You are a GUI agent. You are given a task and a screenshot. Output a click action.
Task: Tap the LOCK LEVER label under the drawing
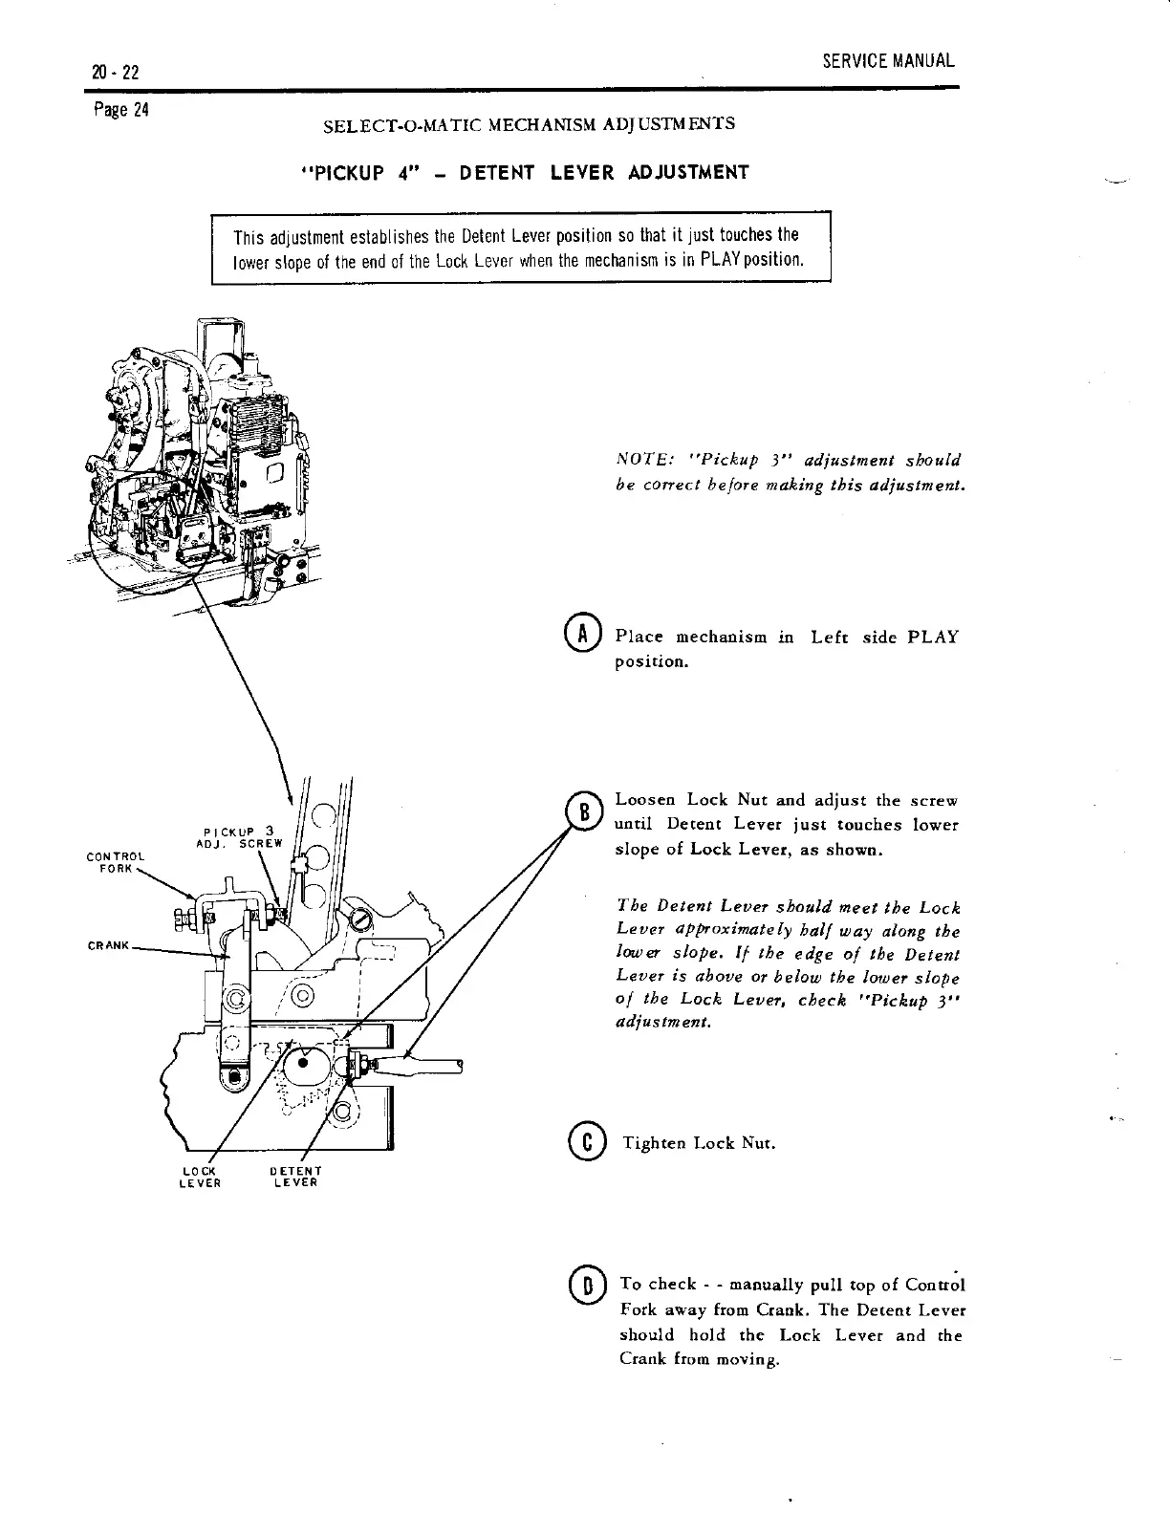click(201, 1177)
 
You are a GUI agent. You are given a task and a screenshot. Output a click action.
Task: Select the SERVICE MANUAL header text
click(888, 61)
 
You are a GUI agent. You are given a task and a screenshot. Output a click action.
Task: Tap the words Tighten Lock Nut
click(699, 1143)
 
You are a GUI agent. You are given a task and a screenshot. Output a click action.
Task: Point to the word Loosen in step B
click(646, 800)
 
